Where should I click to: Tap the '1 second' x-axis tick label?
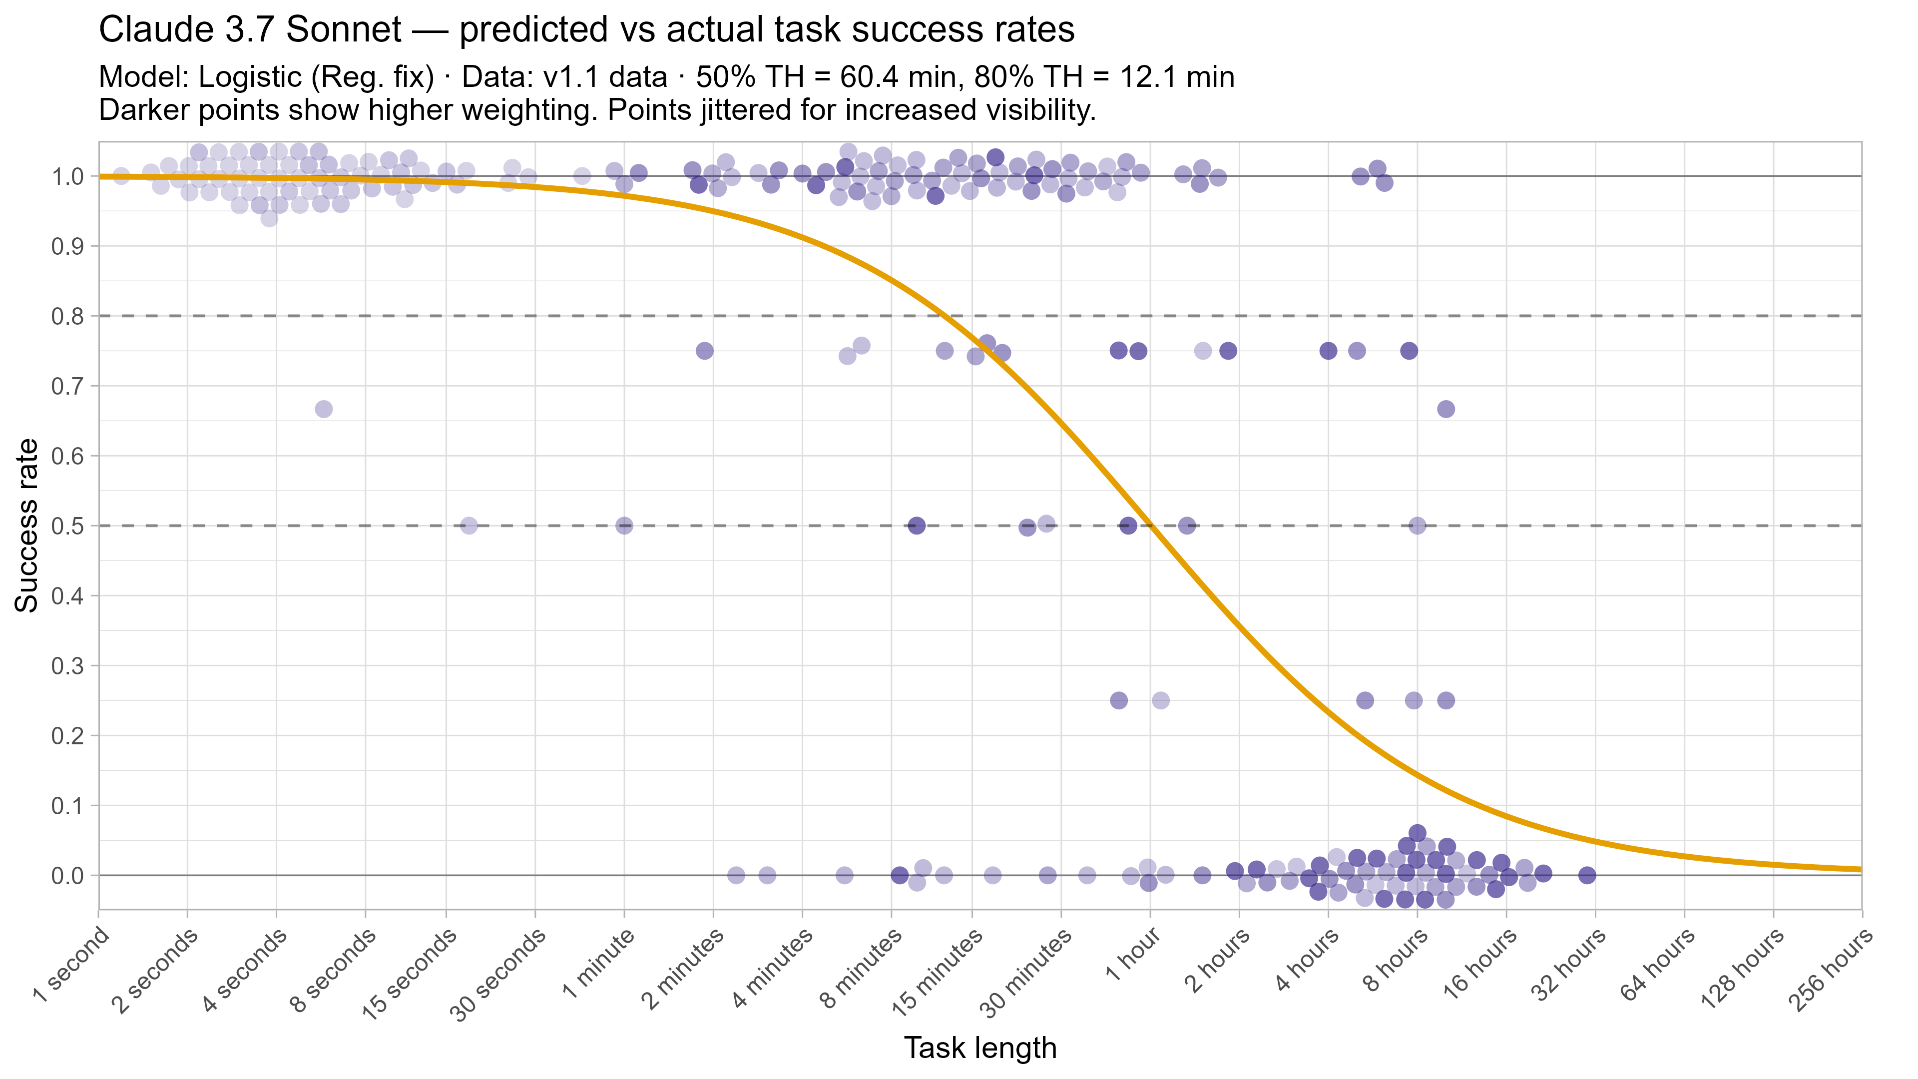point(71,966)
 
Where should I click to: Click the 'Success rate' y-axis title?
point(27,526)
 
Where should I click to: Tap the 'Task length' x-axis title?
point(980,1048)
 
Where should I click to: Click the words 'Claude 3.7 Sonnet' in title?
point(250,30)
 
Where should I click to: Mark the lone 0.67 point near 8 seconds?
point(323,409)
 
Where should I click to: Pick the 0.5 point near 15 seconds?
point(469,526)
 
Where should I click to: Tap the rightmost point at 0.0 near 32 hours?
point(1587,875)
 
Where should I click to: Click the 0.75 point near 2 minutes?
point(704,351)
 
